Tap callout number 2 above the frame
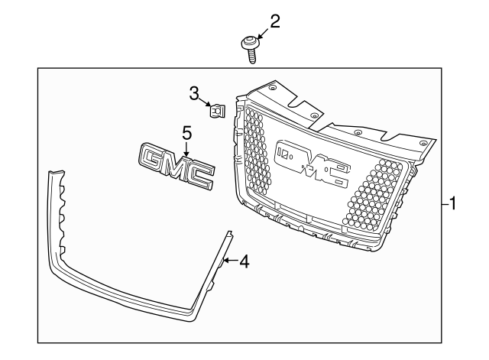click(x=275, y=21)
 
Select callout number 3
click(x=194, y=93)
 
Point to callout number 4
click(x=244, y=261)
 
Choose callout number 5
click(x=186, y=132)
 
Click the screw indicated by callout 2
click(x=250, y=48)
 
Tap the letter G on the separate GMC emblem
click(x=153, y=158)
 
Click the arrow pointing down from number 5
click(x=186, y=148)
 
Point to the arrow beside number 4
click(x=231, y=261)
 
